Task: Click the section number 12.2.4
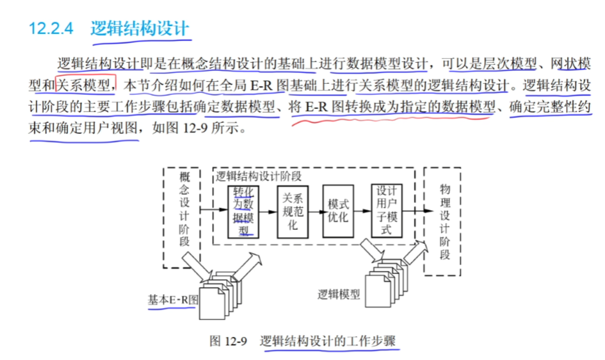point(52,28)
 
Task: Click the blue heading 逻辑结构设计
point(140,28)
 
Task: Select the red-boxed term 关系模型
point(85,84)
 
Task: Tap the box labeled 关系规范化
point(292,211)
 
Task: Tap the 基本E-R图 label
point(172,299)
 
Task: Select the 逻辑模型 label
point(339,295)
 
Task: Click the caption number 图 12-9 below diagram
point(228,341)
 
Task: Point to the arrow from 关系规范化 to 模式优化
point(315,210)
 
